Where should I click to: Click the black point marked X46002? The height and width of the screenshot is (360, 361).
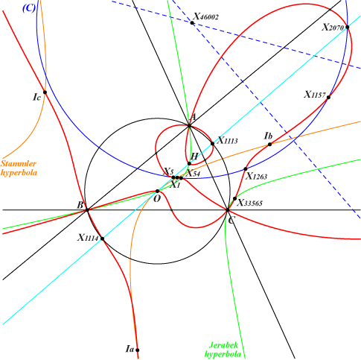point(192,22)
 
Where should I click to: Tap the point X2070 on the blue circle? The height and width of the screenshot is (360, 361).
point(348,27)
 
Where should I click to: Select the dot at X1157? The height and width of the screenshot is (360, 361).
point(328,97)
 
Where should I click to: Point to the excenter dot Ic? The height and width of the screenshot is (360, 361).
point(45,92)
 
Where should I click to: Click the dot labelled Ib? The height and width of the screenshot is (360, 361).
point(269,144)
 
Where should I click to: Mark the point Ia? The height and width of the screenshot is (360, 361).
point(137,350)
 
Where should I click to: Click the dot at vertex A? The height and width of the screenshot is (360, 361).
point(189,126)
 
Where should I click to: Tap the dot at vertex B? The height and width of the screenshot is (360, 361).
point(87,210)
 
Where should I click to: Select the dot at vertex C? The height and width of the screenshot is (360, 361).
point(228,210)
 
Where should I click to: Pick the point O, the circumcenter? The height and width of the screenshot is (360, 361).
point(157,191)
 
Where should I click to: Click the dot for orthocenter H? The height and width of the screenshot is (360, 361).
point(189,163)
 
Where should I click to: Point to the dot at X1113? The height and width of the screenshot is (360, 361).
point(212,143)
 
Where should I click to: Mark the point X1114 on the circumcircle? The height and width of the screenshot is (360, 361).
point(102,239)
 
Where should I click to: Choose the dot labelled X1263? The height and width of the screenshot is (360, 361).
point(246,169)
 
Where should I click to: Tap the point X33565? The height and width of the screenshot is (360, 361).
point(234,198)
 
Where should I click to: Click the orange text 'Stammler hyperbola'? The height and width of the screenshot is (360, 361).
point(19,168)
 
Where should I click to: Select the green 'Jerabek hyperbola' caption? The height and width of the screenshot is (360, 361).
point(223,350)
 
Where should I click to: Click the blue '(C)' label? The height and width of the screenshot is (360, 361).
point(29,8)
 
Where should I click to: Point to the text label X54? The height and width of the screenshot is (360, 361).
point(193,173)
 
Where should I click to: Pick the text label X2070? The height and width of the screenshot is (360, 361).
point(333,27)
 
